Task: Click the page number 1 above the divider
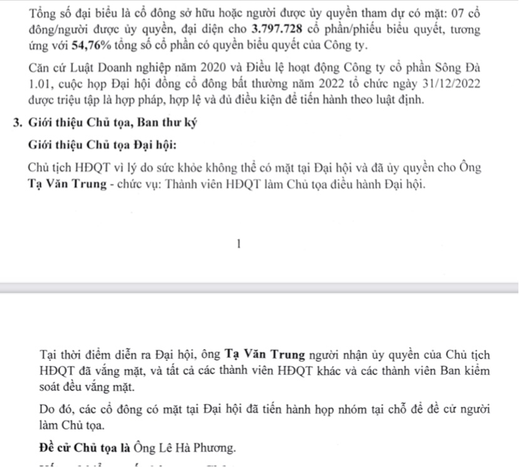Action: coord(238,243)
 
